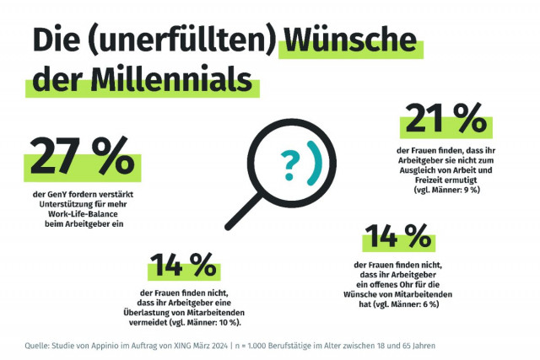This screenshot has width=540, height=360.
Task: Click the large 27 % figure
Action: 82,156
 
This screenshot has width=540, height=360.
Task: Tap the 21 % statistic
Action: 437,120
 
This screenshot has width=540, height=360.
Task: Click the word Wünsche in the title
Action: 350,40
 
